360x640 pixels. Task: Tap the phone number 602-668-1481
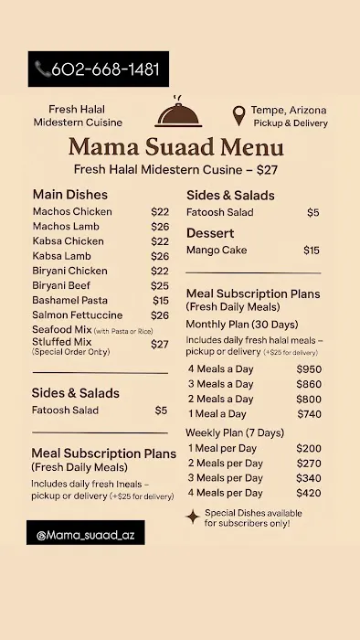pyautogui.click(x=105, y=69)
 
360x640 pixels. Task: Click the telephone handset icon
pyautogui.click(x=42, y=69)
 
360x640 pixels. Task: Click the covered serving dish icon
pyautogui.click(x=179, y=113)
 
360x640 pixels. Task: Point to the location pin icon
pyautogui.click(x=238, y=116)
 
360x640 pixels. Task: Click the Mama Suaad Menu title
pyautogui.click(x=175, y=147)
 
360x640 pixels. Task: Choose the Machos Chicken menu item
pyautogui.click(x=72, y=212)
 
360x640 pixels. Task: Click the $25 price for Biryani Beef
pyautogui.click(x=160, y=286)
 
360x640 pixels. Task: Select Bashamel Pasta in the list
pyautogui.click(x=69, y=301)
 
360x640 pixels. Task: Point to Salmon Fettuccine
pyautogui.click(x=77, y=315)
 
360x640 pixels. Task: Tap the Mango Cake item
pyautogui.click(x=216, y=251)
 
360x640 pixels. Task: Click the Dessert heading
pyautogui.click(x=210, y=233)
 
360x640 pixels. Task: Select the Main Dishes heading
pyautogui.click(x=69, y=195)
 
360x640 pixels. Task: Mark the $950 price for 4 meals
pyautogui.click(x=309, y=369)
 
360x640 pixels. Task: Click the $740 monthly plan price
pyautogui.click(x=309, y=414)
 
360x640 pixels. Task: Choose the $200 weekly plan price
pyautogui.click(x=309, y=449)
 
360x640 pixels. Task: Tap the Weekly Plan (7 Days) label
pyautogui.click(x=235, y=432)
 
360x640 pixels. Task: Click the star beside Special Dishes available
pyautogui.click(x=193, y=517)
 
